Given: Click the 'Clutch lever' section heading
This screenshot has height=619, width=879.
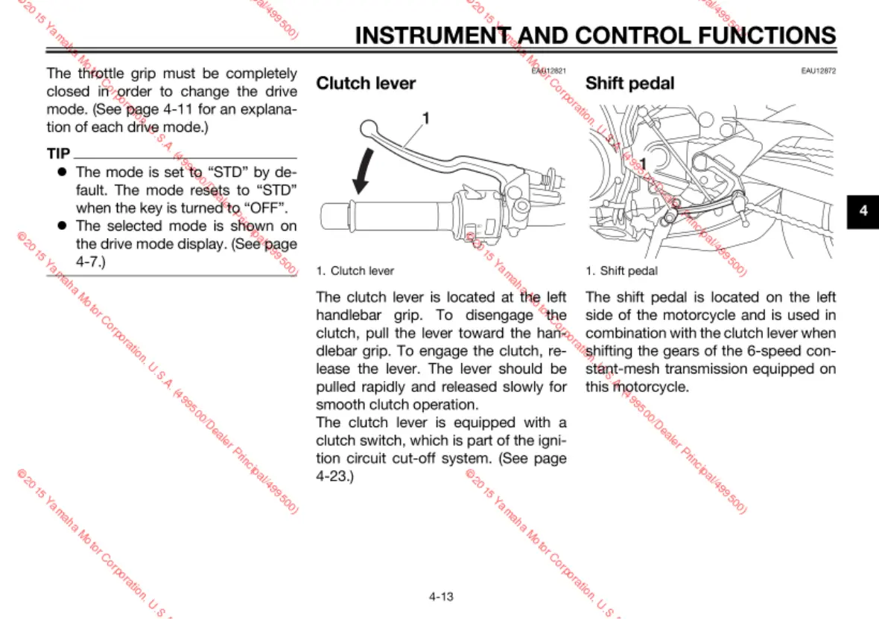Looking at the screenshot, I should (x=366, y=83).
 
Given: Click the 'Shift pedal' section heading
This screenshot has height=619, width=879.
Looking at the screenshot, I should (x=629, y=83).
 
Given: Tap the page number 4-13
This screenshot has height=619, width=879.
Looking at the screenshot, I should (x=441, y=596).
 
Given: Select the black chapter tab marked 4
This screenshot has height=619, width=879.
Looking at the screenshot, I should (x=863, y=211).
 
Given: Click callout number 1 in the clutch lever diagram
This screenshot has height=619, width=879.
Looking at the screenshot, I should (x=426, y=118).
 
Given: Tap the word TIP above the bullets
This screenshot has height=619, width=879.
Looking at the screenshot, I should (x=58, y=154).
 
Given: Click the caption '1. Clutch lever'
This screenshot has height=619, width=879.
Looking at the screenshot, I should (x=355, y=271).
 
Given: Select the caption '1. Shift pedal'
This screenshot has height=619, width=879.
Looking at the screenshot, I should (x=621, y=271).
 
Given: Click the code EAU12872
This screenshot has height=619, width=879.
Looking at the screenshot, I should (x=818, y=71).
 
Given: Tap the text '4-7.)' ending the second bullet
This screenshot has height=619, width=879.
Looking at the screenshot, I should (x=91, y=261).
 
